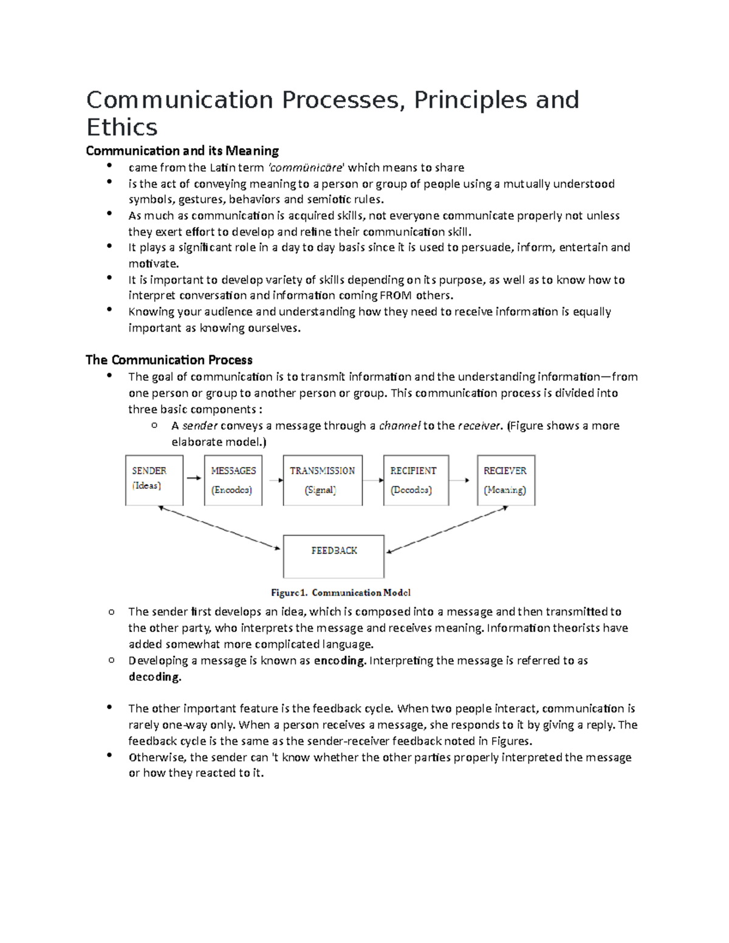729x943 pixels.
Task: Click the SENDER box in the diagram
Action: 154,480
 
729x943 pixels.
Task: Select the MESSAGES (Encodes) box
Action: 233,480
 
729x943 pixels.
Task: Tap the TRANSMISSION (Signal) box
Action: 323,480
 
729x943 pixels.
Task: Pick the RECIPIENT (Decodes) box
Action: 416,480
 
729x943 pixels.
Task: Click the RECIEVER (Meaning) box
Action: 506,480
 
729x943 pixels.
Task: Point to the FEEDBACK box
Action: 334,556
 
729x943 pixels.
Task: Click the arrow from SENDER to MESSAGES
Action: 194,478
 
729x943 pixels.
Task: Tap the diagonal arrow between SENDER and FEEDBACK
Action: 219,528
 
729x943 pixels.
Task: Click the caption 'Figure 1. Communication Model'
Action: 340,593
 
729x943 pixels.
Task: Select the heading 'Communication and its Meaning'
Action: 182,151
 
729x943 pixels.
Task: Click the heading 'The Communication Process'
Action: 169,360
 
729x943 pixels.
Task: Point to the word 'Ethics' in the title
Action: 122,128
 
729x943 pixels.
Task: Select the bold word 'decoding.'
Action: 155,677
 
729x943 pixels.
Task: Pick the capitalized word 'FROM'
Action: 395,296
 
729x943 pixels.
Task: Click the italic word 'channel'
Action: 399,426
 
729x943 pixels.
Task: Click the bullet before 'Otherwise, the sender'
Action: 109,755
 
